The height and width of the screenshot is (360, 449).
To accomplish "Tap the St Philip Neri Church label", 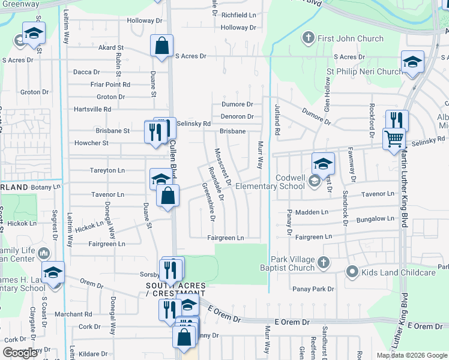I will pos(364,71).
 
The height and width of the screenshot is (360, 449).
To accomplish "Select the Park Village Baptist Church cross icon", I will pos(324,262).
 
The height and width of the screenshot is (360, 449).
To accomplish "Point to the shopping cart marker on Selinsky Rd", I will pos(394,139).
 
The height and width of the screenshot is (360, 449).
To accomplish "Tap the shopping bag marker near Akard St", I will pos(162,46).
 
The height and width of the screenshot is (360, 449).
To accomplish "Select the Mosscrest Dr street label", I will pos(223,166).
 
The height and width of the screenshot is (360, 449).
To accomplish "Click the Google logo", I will pos(20,353).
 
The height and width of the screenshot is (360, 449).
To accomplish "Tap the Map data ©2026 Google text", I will pos(411,355).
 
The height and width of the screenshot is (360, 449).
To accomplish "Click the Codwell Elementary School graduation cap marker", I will pos(323,163).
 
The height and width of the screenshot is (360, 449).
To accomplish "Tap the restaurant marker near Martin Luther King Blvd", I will pos(396,120).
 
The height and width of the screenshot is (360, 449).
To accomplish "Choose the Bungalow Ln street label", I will pos(373,219).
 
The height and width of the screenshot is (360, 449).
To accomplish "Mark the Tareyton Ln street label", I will pos(107,170).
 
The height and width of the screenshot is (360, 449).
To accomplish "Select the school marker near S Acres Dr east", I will pos(412,63).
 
